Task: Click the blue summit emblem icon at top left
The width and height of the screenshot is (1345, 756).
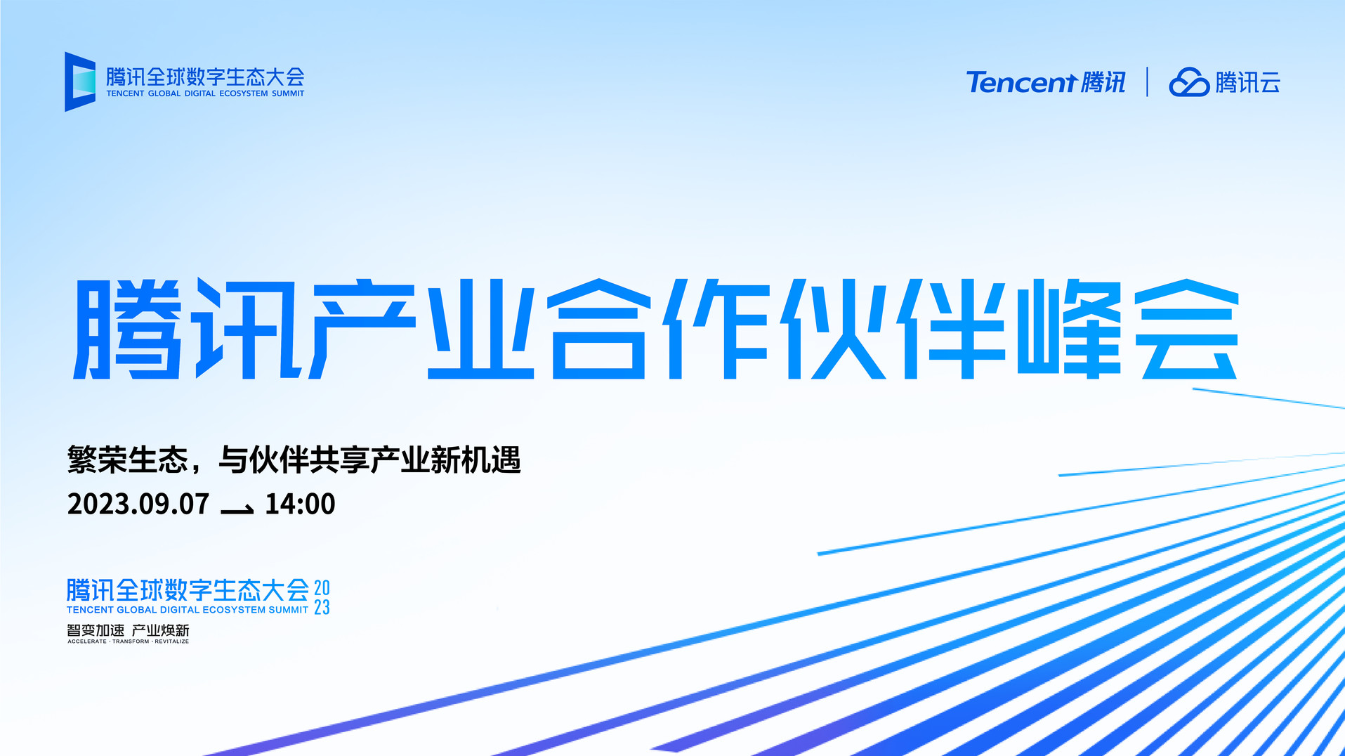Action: [x=80, y=82]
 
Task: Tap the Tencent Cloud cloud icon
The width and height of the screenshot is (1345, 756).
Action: [x=1189, y=82]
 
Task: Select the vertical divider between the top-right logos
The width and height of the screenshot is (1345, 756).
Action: [x=1148, y=82]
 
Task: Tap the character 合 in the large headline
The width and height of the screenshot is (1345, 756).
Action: [x=599, y=329]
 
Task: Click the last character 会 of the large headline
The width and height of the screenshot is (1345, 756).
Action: [x=1187, y=329]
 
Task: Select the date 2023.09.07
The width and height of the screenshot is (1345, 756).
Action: [x=138, y=504]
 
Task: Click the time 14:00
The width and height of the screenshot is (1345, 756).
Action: [x=300, y=504]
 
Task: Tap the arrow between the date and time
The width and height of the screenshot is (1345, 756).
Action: [x=237, y=509]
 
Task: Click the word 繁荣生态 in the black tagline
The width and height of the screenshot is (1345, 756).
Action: [x=128, y=460]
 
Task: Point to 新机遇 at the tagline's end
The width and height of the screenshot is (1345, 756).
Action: [x=476, y=460]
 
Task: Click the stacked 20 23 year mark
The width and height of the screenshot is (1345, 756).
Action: [x=322, y=597]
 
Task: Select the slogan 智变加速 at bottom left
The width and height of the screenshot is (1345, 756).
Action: [x=96, y=630]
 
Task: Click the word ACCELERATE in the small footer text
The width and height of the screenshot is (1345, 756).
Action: [x=87, y=641]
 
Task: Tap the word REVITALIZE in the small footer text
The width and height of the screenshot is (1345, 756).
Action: [x=172, y=641]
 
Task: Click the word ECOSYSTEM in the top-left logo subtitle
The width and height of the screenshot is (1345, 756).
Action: [x=244, y=93]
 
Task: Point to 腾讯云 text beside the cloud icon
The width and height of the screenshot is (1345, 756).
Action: [x=1248, y=82]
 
